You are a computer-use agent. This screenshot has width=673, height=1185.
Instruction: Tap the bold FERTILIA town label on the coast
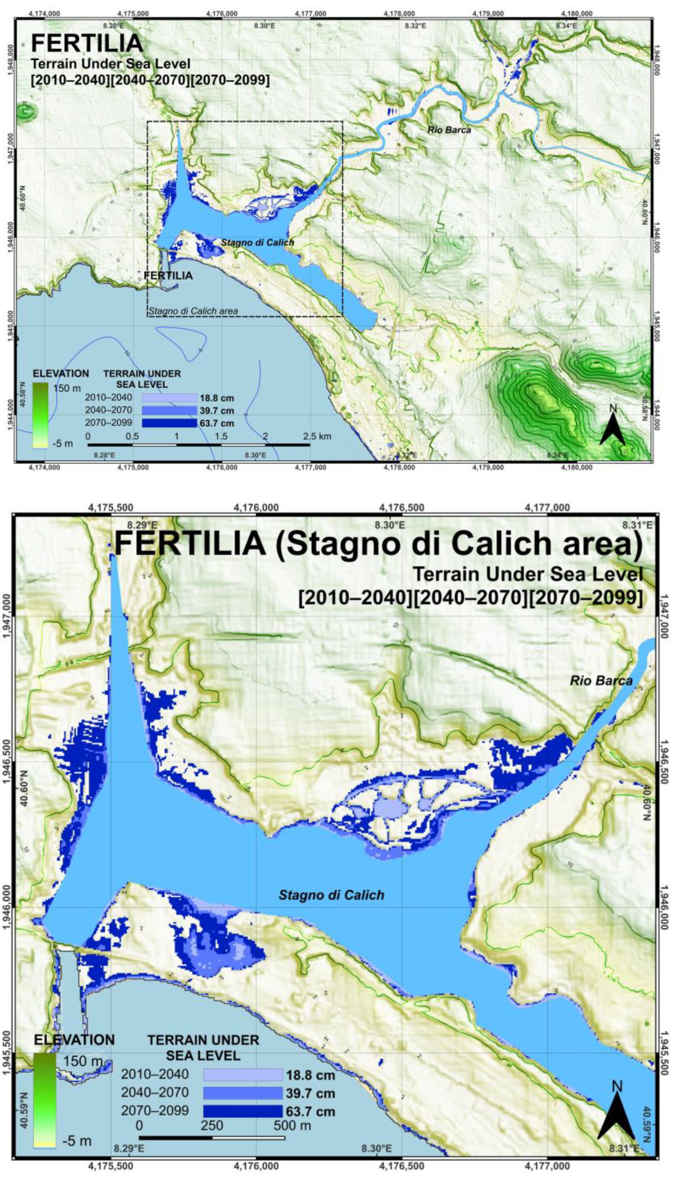click(x=168, y=275)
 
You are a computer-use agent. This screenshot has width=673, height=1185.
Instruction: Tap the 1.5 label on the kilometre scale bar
click(x=221, y=436)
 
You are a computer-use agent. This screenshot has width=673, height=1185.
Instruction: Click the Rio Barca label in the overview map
click(x=449, y=130)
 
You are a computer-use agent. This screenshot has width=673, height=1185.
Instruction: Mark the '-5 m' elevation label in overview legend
click(x=63, y=443)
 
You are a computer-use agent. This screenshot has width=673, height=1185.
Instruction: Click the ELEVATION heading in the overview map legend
click(x=61, y=373)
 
